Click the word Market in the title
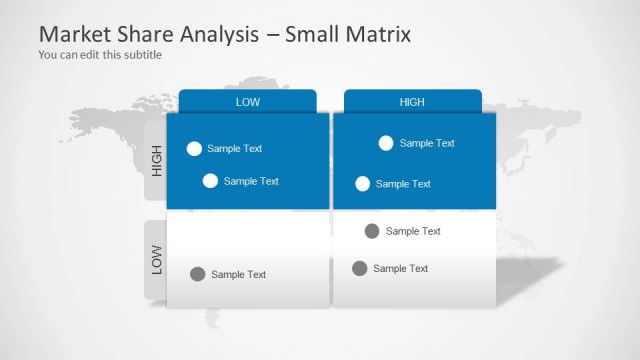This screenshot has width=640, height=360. (x=73, y=35)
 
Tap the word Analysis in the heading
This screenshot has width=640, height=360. (x=222, y=35)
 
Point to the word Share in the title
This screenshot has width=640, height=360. (x=143, y=35)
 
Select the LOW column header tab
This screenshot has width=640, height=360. (x=247, y=102)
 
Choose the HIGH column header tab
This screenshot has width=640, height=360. (x=412, y=102)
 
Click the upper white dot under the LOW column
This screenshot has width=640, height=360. (x=194, y=149)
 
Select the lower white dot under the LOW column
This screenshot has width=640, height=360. (x=210, y=181)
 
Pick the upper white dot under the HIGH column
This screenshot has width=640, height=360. (x=386, y=143)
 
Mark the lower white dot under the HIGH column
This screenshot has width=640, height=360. (x=363, y=184)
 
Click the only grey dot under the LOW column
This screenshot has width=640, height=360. (x=198, y=274)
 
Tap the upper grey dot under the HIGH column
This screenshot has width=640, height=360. (x=372, y=231)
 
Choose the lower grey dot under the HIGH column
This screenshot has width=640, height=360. (x=359, y=268)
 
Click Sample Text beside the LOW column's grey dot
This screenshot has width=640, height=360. (x=239, y=275)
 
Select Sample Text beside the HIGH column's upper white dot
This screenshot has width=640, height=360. (x=427, y=143)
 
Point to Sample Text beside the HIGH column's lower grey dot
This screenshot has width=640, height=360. (x=400, y=268)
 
